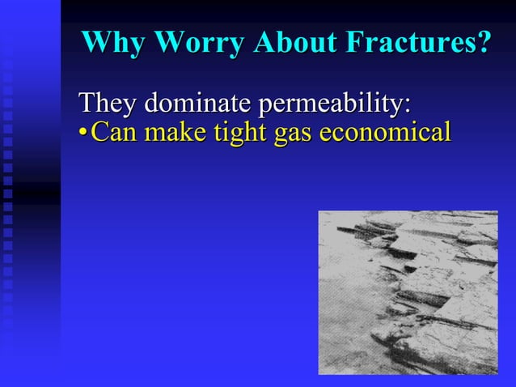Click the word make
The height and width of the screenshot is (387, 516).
coord(171,132)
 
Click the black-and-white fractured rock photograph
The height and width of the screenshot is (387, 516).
coord(408,292)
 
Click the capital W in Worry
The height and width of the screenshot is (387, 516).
coord(164,43)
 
